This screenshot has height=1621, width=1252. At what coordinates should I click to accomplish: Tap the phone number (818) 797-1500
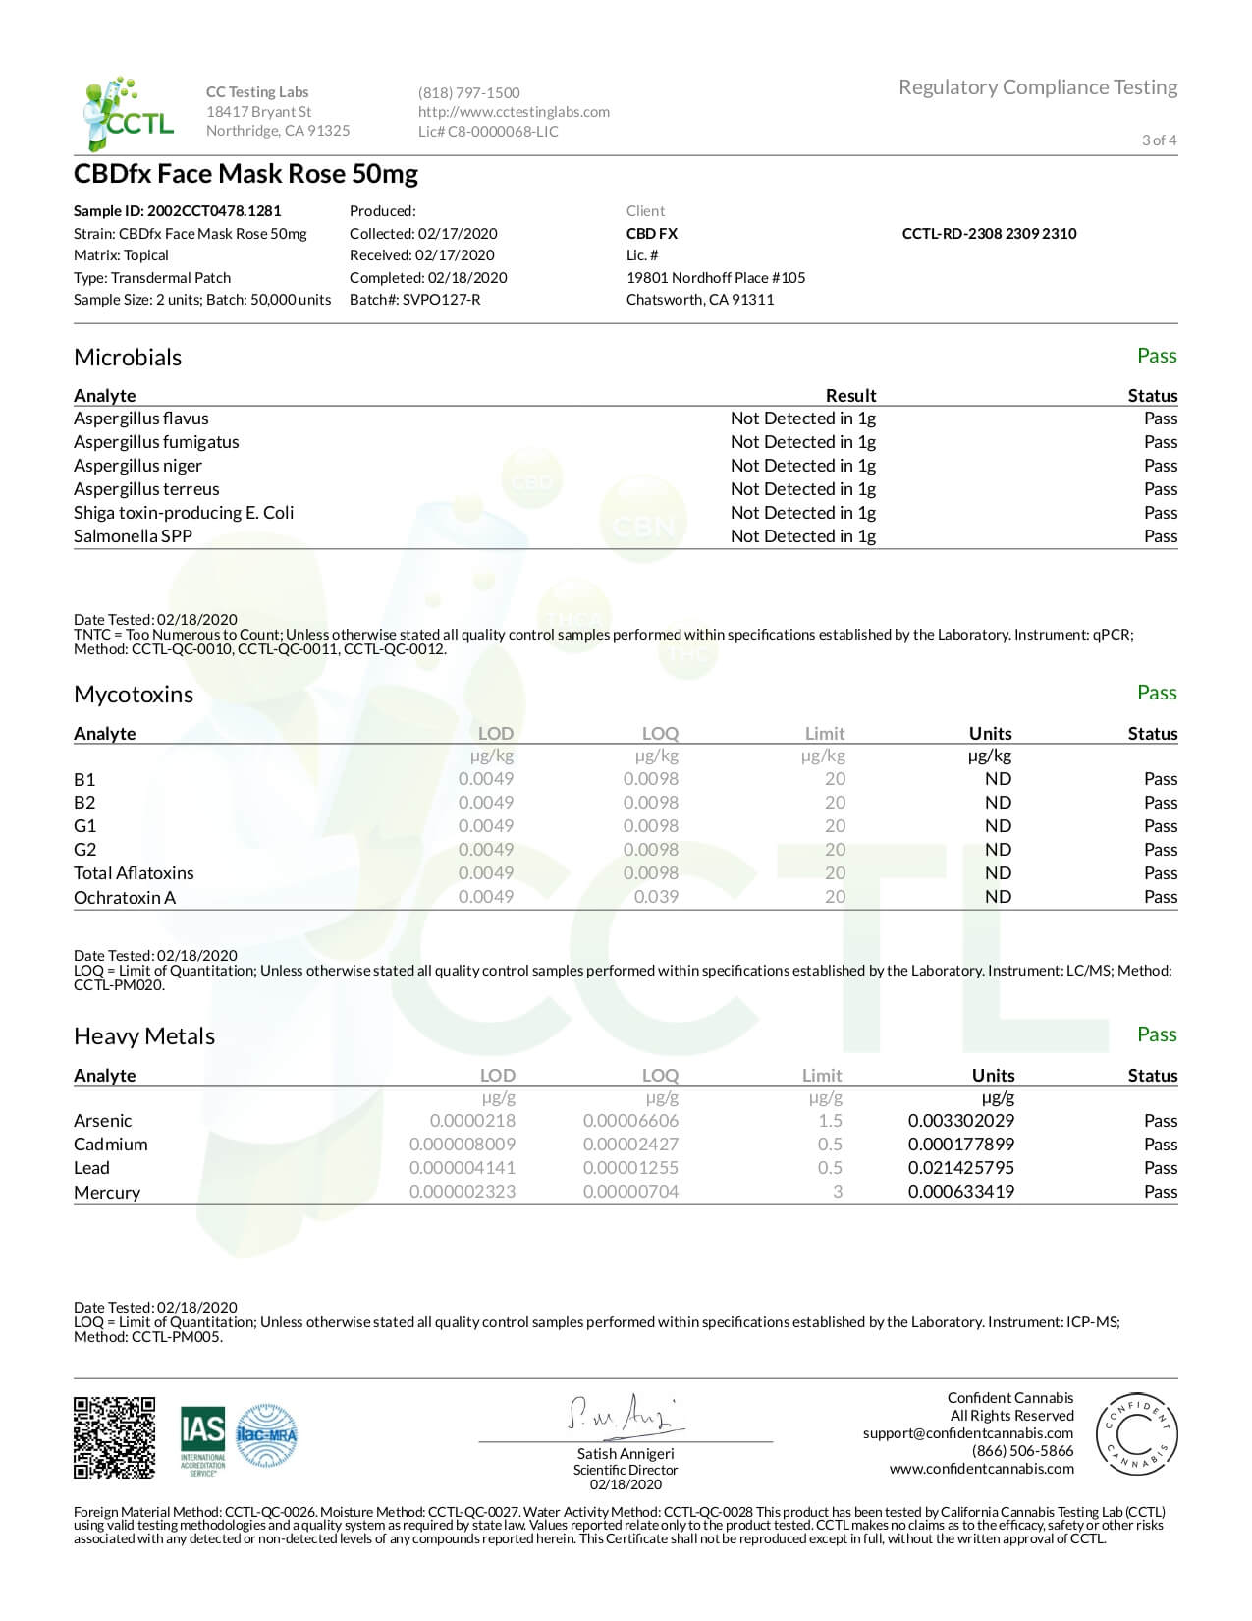468,92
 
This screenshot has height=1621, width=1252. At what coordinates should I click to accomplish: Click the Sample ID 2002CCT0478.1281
177,210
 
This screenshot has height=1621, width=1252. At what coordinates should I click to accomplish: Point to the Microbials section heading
128,357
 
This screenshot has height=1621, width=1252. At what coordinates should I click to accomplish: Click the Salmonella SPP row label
133,536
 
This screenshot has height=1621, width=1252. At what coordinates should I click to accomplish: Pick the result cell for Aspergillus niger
802,466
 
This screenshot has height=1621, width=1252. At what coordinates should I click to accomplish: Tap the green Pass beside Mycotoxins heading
1156,693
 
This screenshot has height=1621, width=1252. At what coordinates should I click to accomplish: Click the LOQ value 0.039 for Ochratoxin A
656,896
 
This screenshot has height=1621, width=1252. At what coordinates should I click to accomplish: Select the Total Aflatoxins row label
134,873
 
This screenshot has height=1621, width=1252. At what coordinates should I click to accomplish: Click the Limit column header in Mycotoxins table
824,733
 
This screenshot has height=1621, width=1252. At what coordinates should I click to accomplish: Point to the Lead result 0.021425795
960,1168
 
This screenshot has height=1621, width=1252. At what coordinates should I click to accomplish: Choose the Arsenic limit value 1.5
830,1121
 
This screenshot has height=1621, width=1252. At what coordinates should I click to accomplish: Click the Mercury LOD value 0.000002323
462,1192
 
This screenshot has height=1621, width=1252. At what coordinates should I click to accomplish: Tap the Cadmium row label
110,1145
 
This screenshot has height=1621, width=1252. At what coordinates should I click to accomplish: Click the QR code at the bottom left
114,1437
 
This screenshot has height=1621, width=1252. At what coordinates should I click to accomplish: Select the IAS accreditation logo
202,1440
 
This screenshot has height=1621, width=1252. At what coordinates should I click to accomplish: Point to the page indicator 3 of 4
1159,140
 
